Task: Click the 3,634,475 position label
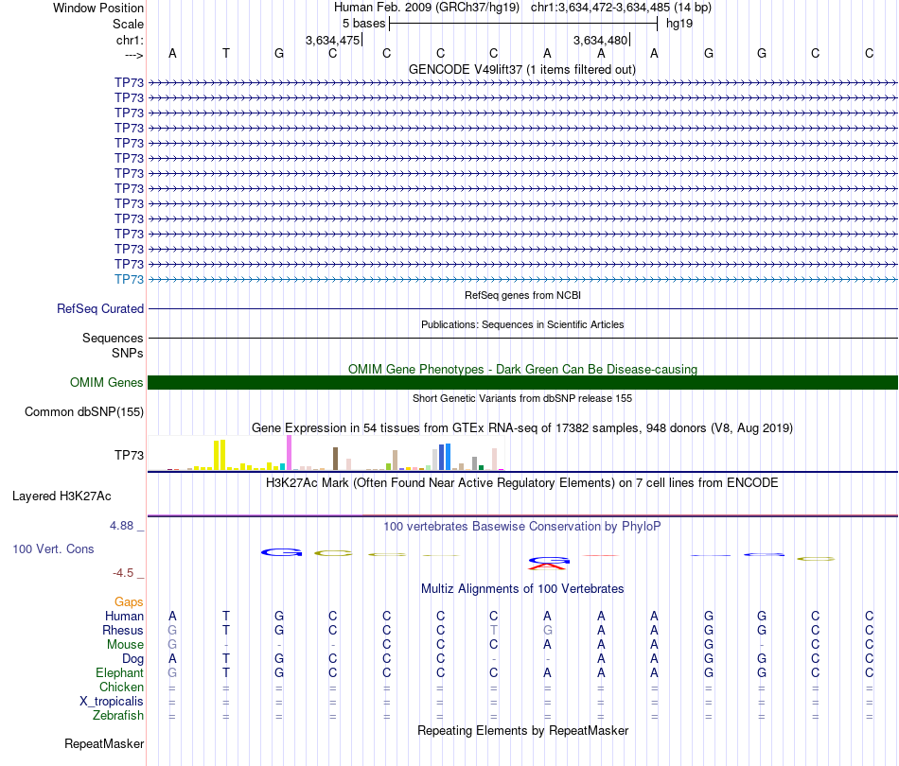pos(332,40)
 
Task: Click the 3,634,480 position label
pos(600,40)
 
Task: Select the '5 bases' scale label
pos(363,23)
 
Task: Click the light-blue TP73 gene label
pos(129,279)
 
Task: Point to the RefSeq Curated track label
pos(100,308)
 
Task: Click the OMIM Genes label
pos(107,382)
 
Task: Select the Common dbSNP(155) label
pos(84,411)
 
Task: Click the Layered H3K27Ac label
pos(62,495)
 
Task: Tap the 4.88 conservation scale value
pos(126,526)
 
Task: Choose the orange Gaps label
pos(129,601)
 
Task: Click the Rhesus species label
pos(123,630)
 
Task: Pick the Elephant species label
pos(119,672)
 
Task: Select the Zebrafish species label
pos(119,715)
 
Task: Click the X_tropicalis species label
pos(112,701)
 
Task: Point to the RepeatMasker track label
pos(104,744)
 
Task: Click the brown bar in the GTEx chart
pos(335,459)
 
